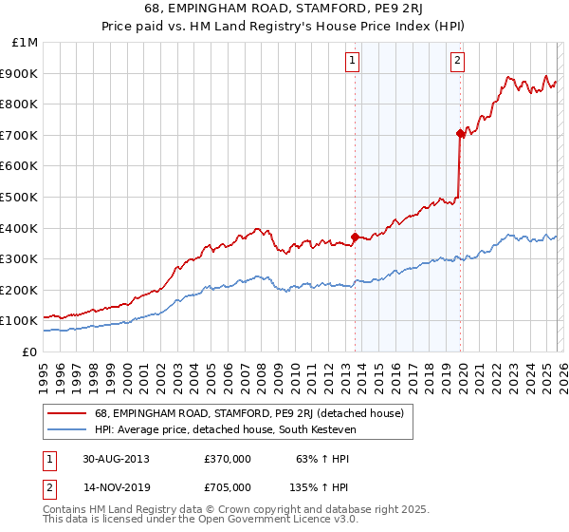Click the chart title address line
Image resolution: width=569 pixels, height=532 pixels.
tap(284, 11)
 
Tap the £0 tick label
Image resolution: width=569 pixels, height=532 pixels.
tap(30, 351)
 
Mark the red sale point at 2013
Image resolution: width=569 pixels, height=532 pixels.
tap(356, 237)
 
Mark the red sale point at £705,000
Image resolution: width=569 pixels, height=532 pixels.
tap(460, 134)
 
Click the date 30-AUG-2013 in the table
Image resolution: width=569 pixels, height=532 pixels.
tap(116, 459)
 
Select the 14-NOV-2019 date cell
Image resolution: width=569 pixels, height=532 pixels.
tap(116, 487)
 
